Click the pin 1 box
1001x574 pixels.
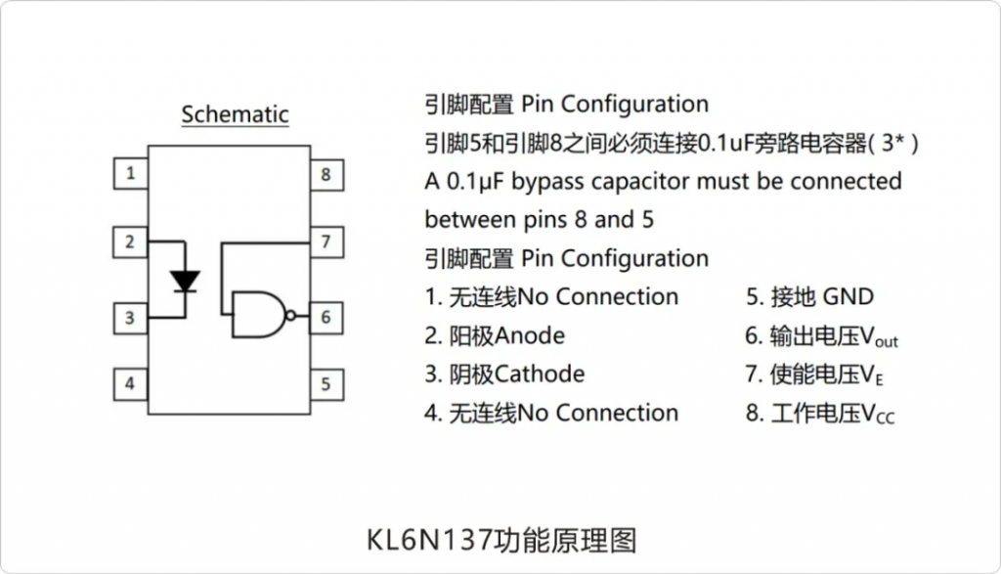[131, 173]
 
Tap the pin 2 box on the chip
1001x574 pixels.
[130, 242]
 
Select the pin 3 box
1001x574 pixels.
[131, 318]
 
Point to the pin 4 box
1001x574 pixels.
[131, 383]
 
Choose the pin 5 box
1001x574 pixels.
[326, 384]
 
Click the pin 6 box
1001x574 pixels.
[326, 318]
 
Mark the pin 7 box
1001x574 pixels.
[326, 242]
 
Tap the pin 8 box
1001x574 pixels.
[326, 175]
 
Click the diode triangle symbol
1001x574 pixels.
[185, 281]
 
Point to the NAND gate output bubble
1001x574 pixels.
[291, 316]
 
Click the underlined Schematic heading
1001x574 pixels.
[235, 115]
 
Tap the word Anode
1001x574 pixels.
[530, 335]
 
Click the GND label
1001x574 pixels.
[849, 297]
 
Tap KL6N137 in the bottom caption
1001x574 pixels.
[430, 540]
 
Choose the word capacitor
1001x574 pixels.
[640, 183]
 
